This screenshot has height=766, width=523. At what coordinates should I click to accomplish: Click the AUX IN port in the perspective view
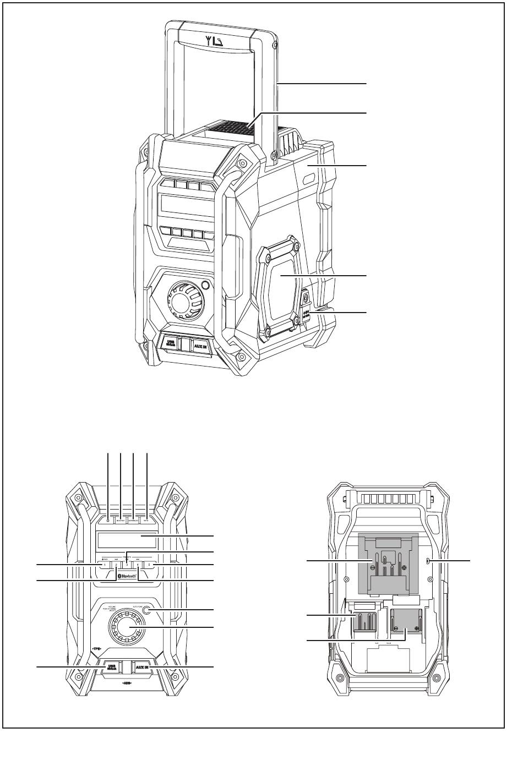tap(200, 347)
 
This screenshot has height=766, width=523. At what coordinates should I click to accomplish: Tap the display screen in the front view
tap(127, 540)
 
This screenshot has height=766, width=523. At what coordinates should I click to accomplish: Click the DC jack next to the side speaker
tap(305, 302)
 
